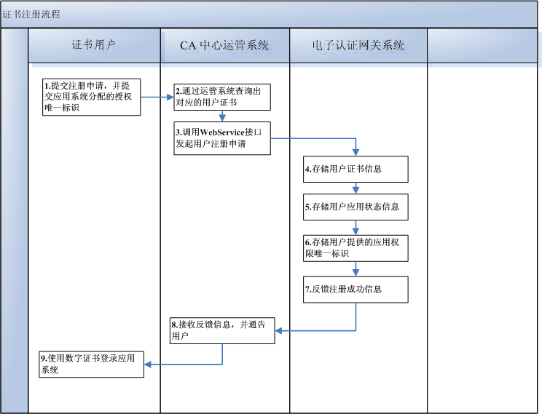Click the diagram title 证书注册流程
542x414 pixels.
31,14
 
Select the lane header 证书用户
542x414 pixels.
94,45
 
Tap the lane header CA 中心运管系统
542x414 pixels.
224,45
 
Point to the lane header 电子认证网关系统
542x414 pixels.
358,45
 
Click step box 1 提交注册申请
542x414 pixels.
90,97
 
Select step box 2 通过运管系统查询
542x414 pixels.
221,97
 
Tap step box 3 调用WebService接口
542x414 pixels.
221,138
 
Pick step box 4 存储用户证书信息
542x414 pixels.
356,169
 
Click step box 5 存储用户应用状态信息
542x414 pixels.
356,207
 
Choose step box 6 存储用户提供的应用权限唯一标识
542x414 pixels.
356,248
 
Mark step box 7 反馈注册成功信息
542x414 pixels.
356,289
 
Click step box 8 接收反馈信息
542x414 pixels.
222,330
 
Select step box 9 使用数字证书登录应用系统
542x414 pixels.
91,364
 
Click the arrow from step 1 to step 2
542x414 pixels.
157,97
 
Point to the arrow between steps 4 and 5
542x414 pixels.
356,188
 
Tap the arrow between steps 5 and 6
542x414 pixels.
356,226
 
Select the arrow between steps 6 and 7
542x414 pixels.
356,268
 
